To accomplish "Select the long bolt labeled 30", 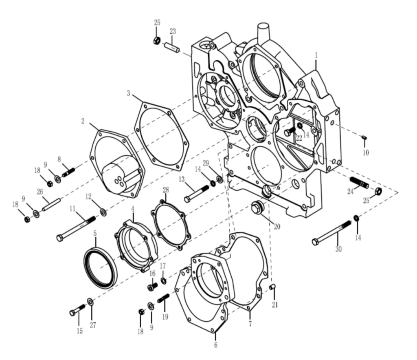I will pyautogui.click(x=331, y=233).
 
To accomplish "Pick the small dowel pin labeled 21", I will pyautogui.click(x=272, y=287).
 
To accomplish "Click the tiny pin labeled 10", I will pyautogui.click(x=364, y=138).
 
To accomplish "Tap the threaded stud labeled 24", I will pyautogui.click(x=359, y=182).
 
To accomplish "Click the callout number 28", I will pyautogui.click(x=165, y=190).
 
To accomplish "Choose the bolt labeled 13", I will pyautogui.click(x=198, y=193).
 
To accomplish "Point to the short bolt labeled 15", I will pyautogui.click(x=77, y=310).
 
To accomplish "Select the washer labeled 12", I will pyautogui.click(x=103, y=212).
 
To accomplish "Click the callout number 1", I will pyautogui.click(x=316, y=54).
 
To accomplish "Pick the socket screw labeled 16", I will pyautogui.click(x=153, y=287).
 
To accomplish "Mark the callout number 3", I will pyautogui.click(x=129, y=94).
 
